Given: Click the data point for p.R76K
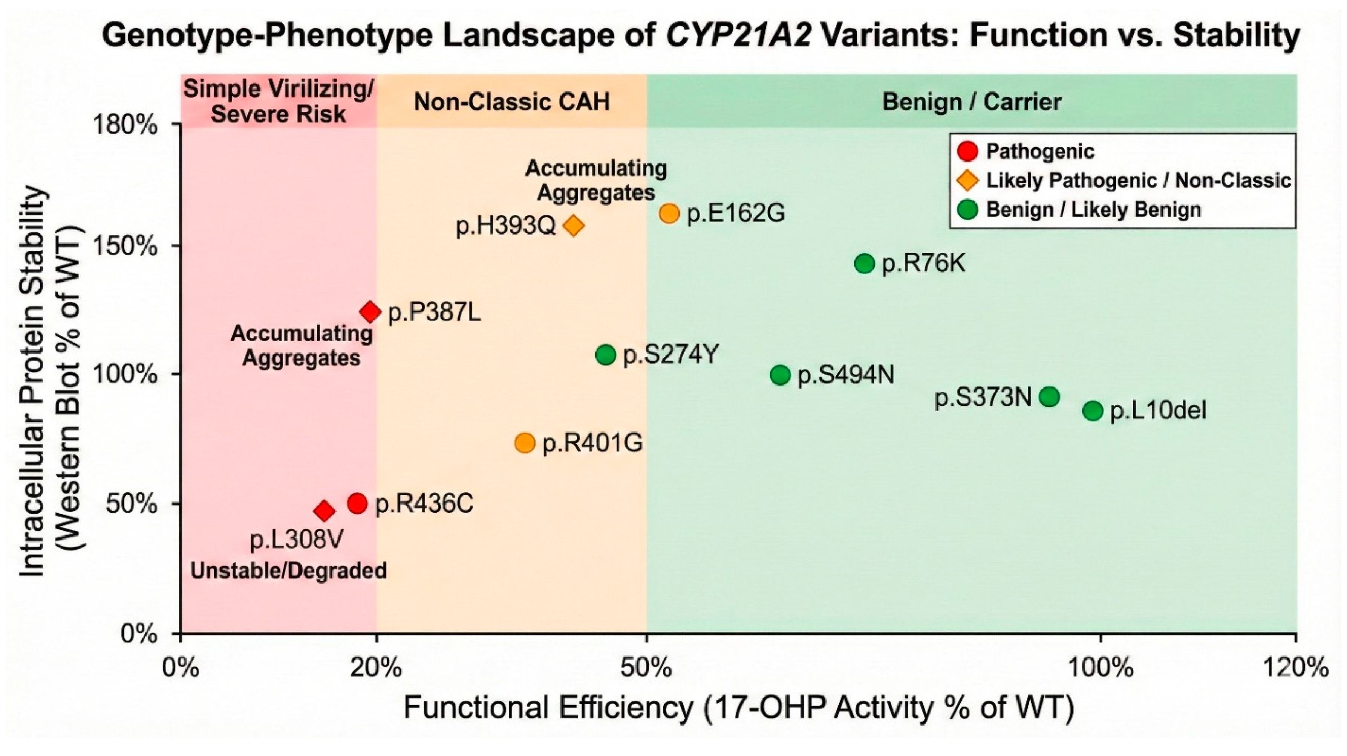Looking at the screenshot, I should [864, 264].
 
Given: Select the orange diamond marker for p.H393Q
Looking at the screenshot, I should [574, 226].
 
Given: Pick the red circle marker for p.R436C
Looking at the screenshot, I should [357, 503].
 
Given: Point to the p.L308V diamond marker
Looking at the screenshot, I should [324, 511].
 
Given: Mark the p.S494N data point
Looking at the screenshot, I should [780, 375].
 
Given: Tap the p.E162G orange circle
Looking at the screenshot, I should [669, 213].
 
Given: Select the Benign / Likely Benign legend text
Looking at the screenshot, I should [1093, 210].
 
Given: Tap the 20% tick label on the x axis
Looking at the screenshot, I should [376, 668].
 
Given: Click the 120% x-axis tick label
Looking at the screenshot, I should [1296, 668].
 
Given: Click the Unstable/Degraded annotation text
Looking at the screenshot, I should [288, 570].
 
